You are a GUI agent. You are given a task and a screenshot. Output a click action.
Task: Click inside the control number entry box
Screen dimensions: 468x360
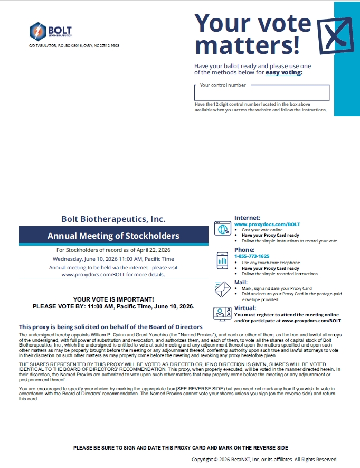[x=262, y=93]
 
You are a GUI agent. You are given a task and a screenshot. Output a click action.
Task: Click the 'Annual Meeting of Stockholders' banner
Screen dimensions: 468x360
[x=113, y=236]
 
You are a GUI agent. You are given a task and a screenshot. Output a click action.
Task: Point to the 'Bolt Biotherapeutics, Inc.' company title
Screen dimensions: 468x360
[x=113, y=218]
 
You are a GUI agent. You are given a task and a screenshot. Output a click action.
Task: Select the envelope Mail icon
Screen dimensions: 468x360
[x=222, y=289]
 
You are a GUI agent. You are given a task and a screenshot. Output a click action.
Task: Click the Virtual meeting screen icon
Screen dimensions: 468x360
[x=222, y=313]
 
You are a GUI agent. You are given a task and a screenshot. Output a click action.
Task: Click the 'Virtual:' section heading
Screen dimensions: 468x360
[x=245, y=308]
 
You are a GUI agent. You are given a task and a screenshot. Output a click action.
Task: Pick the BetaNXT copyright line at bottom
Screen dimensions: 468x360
[x=263, y=460]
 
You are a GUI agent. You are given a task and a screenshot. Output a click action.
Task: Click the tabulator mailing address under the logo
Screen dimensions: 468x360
[x=74, y=46]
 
